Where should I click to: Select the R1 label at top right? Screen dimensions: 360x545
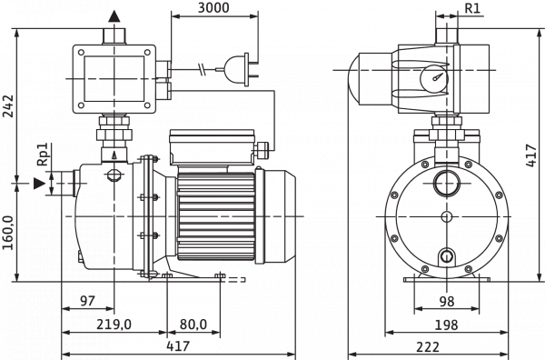[x=472, y=8]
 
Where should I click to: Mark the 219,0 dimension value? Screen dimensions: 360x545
[x=115, y=324]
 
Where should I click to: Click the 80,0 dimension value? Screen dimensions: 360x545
[x=193, y=324]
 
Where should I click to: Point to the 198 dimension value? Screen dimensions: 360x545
[x=445, y=324]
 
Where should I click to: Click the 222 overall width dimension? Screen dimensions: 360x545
[x=445, y=346]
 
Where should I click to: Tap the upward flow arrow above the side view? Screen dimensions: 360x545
[x=113, y=16]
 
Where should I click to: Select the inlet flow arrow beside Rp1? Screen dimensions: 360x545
[x=38, y=182]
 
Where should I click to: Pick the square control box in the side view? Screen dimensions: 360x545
[x=113, y=76]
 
